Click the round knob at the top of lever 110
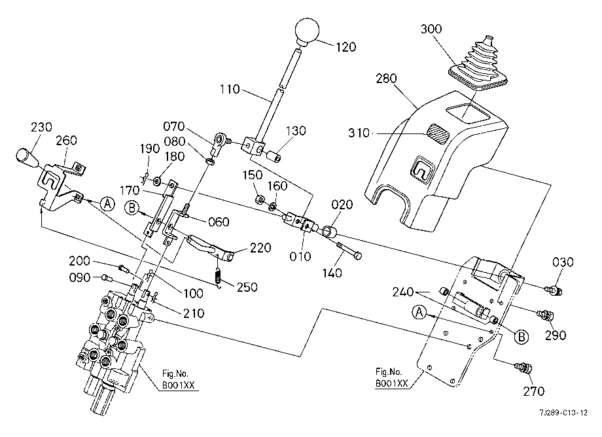click(x=307, y=31)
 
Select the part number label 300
click(x=431, y=29)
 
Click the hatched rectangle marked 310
click(x=440, y=133)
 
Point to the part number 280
click(x=386, y=79)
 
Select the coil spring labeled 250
click(x=218, y=276)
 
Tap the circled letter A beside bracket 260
click(x=108, y=203)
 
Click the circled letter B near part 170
click(x=132, y=208)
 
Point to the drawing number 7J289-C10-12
click(x=563, y=413)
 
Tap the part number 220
click(x=260, y=247)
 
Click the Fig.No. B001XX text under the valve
click(x=175, y=379)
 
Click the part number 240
click(x=402, y=292)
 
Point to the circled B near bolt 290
click(x=522, y=336)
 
